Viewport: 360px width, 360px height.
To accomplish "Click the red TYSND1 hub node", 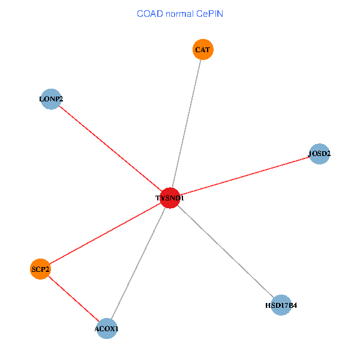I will [x=170, y=198].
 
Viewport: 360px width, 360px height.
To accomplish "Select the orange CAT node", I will [x=203, y=50].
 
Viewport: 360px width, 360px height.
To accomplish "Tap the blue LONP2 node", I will [x=51, y=99].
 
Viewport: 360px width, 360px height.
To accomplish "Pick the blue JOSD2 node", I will [x=319, y=154].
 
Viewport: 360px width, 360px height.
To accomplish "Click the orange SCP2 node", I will [x=40, y=269].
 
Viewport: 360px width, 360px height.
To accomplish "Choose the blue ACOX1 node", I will [x=107, y=329].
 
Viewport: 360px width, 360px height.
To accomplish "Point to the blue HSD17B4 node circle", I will [x=281, y=305].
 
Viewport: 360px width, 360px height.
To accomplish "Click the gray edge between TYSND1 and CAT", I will [x=187, y=124].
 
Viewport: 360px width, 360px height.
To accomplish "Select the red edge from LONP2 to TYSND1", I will [x=111, y=149].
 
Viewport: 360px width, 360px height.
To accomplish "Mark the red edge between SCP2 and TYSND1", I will [x=105, y=234].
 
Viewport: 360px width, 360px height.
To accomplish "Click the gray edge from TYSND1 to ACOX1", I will [x=139, y=263].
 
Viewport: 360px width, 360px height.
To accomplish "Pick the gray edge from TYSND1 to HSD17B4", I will [x=226, y=251].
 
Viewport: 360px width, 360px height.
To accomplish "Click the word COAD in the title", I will [x=149, y=13].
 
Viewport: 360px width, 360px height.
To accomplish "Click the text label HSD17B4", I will [x=281, y=305].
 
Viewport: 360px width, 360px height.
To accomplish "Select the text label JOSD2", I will [x=319, y=154].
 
